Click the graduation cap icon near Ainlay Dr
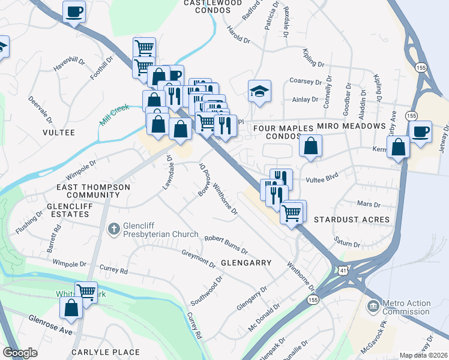(260, 91)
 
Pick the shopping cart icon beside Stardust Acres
(292, 212)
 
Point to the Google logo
(20, 353)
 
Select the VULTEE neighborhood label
(58, 132)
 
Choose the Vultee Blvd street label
(322, 175)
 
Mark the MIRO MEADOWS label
(351, 126)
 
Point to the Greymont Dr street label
(199, 259)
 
